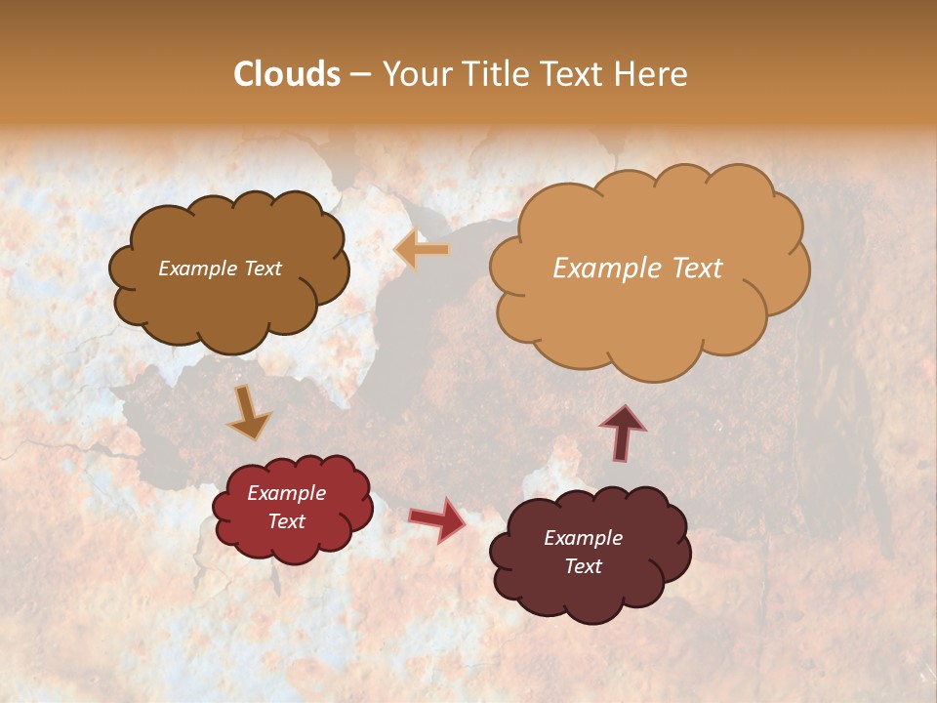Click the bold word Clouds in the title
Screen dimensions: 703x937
287,74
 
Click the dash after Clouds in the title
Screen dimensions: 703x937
360,75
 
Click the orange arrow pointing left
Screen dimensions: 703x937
422,250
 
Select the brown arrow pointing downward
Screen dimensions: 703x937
249,412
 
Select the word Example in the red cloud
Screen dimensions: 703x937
287,493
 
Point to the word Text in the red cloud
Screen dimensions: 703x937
287,521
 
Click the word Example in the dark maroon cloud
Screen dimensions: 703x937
583,538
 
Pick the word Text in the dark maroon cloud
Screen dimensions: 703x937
583,566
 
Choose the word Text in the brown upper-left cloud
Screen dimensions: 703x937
261,269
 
